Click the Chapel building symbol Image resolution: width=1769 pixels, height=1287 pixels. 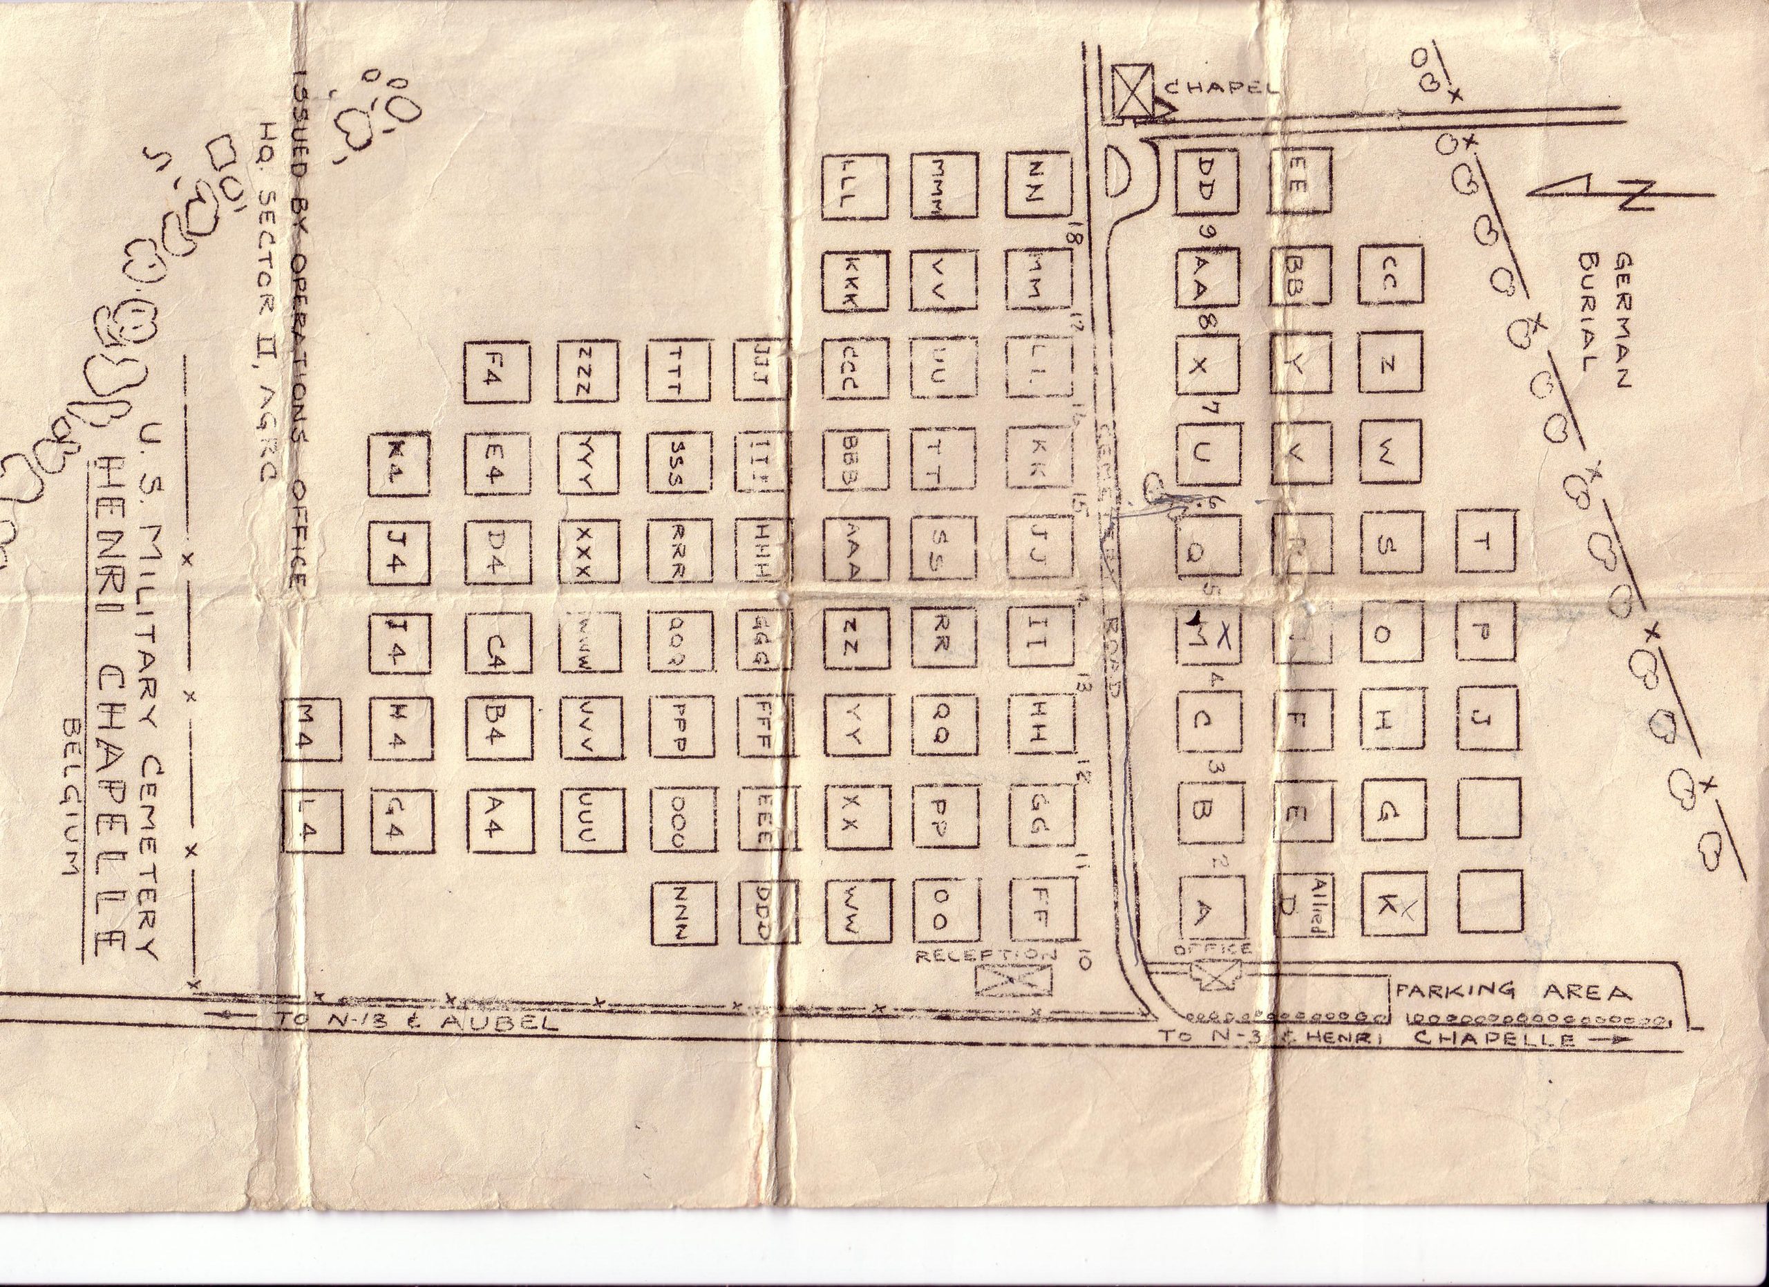[1132, 92]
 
